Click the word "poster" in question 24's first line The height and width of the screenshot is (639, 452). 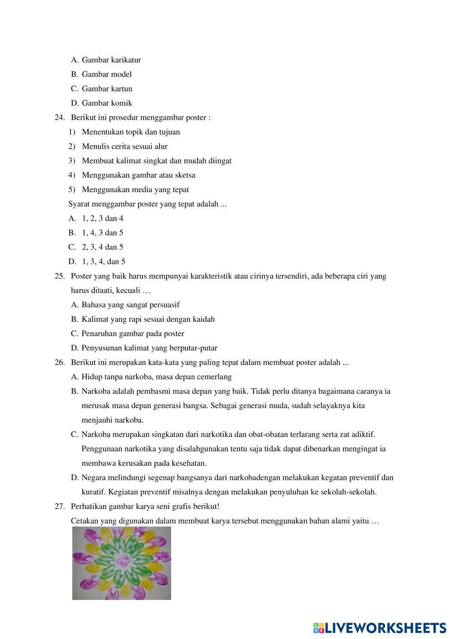tap(196, 117)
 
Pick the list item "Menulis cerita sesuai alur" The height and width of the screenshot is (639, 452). tap(125, 146)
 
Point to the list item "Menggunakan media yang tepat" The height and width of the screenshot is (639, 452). tap(135, 189)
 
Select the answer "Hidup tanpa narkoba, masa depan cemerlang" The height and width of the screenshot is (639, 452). tap(156, 377)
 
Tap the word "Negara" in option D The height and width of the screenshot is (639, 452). tap(93, 478)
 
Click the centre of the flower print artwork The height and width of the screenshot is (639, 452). tap(122, 563)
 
